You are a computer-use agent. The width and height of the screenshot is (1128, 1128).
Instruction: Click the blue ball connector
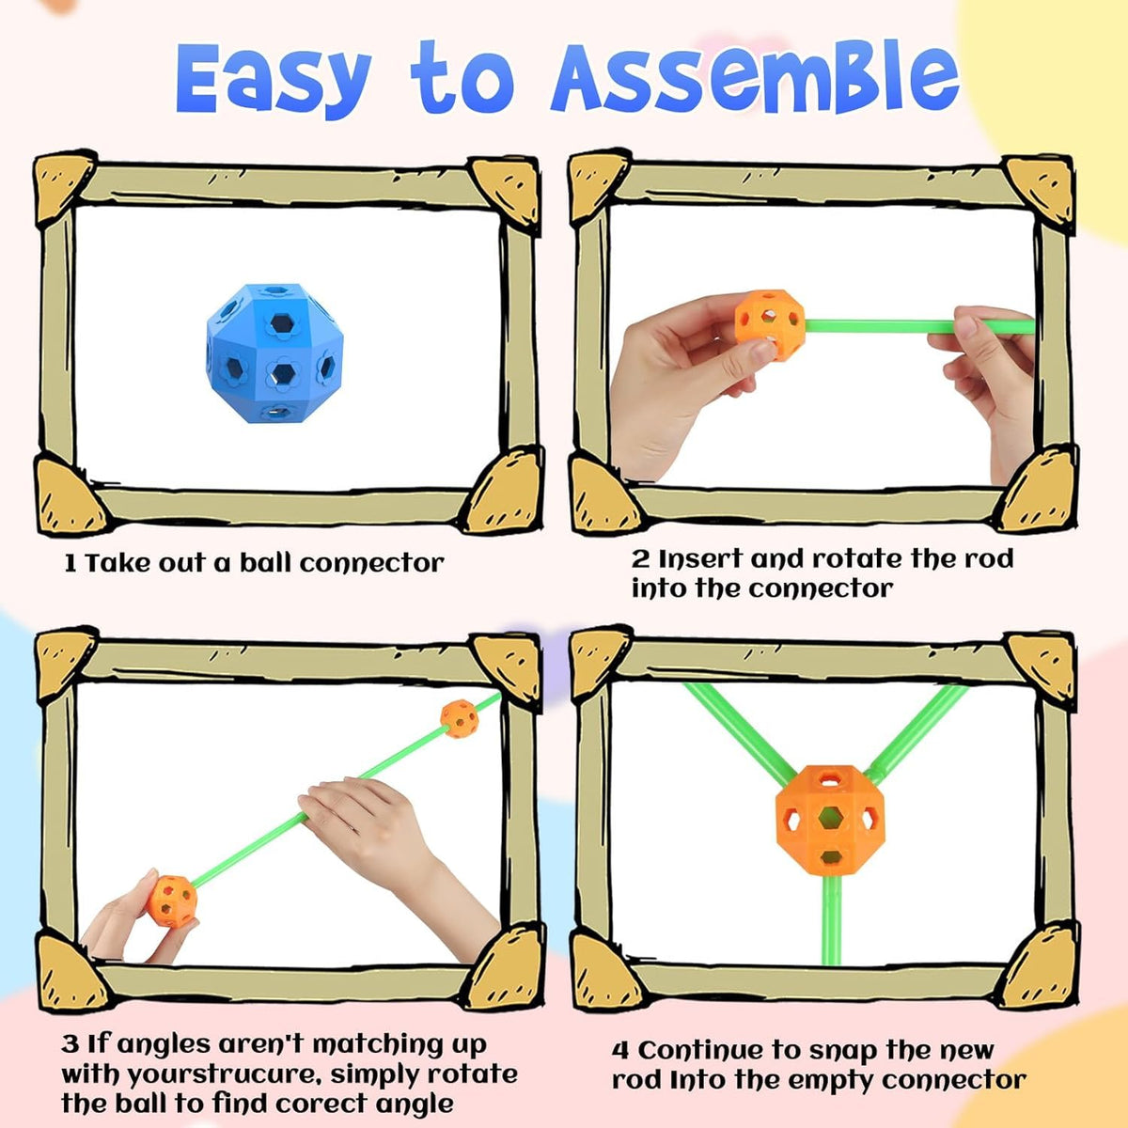[x=274, y=352]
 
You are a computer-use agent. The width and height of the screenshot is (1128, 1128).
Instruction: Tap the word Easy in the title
[x=274, y=80]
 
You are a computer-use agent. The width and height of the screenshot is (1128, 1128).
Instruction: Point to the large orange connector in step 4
[x=829, y=820]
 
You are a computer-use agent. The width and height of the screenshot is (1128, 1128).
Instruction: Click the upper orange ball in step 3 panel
[x=459, y=718]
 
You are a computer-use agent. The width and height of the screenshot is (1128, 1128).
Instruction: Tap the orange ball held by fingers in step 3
[x=171, y=901]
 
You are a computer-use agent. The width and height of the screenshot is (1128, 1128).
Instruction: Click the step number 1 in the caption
[x=70, y=564]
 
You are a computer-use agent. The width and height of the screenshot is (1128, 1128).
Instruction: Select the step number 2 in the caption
[x=640, y=559]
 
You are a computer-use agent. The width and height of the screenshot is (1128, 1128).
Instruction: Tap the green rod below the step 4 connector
[x=831, y=919]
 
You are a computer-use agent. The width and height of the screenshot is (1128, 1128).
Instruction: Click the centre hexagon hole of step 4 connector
[x=829, y=818]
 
